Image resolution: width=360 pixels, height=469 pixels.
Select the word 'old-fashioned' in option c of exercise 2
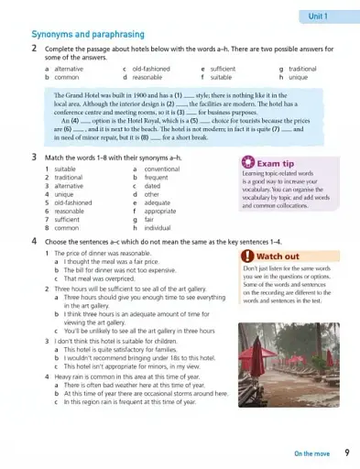[x=151, y=69]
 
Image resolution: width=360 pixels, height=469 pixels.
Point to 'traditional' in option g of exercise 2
[x=302, y=69]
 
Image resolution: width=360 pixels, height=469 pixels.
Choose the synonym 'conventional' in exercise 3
[x=162, y=169]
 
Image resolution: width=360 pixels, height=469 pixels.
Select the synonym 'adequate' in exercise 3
[x=158, y=202]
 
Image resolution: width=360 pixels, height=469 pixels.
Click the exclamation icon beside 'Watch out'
[x=247, y=256]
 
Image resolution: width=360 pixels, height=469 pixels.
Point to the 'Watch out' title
[x=278, y=256]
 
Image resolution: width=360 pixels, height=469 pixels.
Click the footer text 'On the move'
[x=312, y=453]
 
